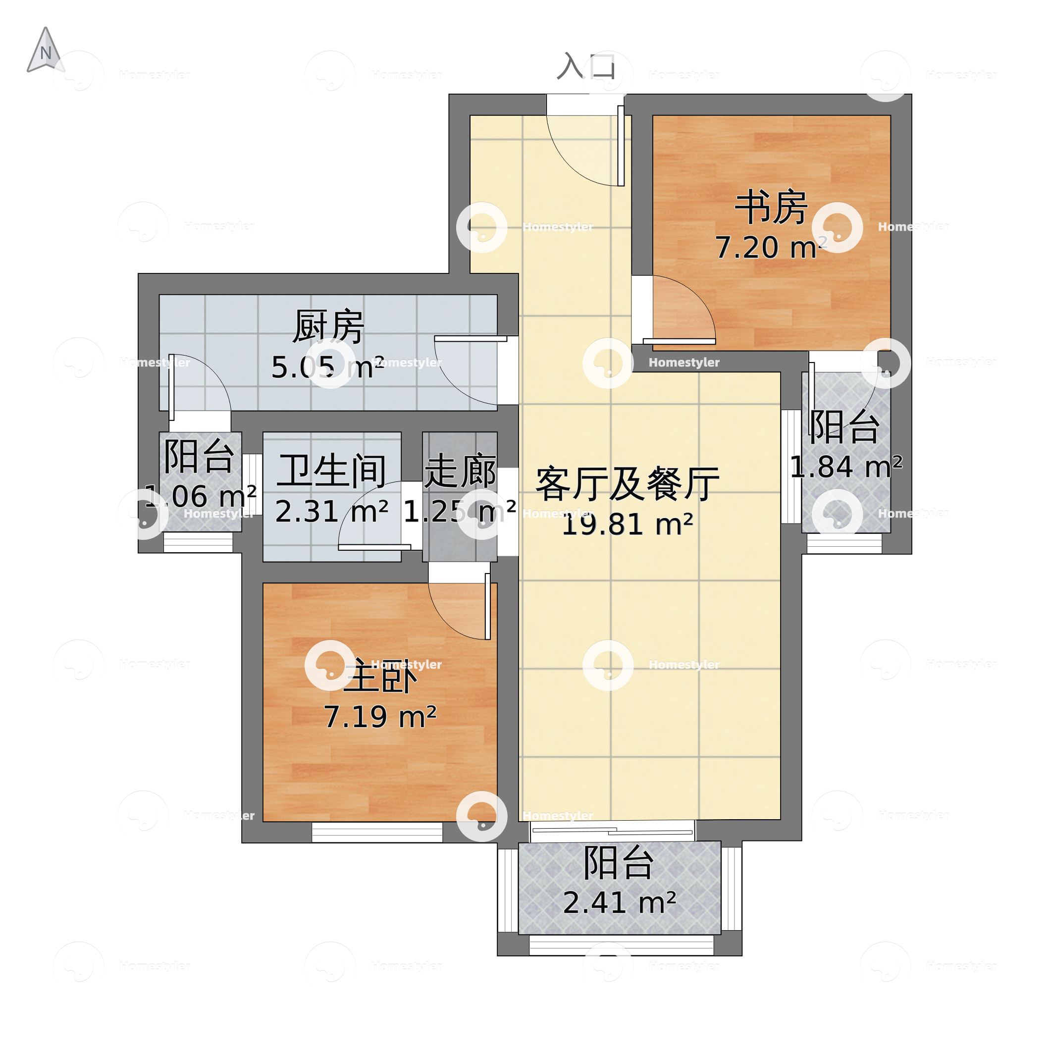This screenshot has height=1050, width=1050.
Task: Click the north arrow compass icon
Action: coord(46,51)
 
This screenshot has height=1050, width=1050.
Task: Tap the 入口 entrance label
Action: coord(586,67)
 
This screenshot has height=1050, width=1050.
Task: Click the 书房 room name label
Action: coord(771,208)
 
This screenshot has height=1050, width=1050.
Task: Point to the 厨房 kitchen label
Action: coord(328,327)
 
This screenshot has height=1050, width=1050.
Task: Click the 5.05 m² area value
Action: coord(328,367)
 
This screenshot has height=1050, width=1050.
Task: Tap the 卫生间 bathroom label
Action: coord(331,471)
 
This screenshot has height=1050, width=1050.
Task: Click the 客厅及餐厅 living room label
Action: coord(627,484)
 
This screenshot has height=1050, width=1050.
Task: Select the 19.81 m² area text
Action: coord(627,525)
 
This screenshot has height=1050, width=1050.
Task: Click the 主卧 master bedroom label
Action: coord(380,677)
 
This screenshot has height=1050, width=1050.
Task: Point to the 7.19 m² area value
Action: coord(380,717)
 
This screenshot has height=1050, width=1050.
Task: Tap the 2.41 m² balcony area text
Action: coord(620,903)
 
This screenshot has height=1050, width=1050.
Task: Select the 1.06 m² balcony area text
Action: coord(201,496)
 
